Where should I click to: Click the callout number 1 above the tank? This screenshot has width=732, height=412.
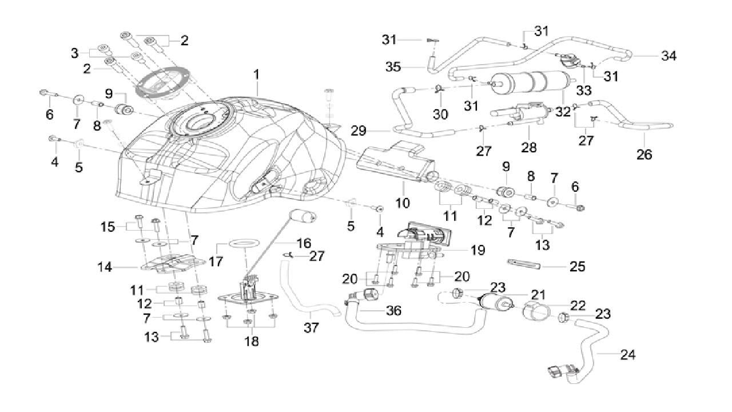pyautogui.click(x=257, y=74)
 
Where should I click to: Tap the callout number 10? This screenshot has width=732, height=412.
pyautogui.click(x=402, y=202)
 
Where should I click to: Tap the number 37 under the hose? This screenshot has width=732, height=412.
pyautogui.click(x=311, y=328)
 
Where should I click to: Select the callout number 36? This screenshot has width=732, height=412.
pyautogui.click(x=393, y=310)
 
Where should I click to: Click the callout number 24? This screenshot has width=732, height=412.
pyautogui.click(x=627, y=355)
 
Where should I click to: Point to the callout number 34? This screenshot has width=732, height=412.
pyautogui.click(x=669, y=56)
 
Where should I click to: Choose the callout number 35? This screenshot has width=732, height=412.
pyautogui.click(x=408, y=68)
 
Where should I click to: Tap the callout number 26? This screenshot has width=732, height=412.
pyautogui.click(x=644, y=154)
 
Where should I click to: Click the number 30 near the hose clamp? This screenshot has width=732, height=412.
pyautogui.click(x=440, y=114)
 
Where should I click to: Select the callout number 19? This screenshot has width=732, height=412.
pyautogui.click(x=478, y=250)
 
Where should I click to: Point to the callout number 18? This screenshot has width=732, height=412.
pyautogui.click(x=251, y=341)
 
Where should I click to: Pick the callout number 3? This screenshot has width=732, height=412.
pyautogui.click(x=74, y=53)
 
